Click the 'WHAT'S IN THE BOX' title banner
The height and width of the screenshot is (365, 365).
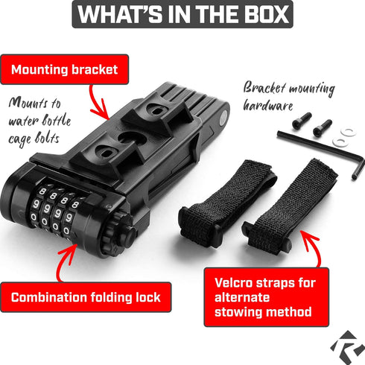pyautogui.click(x=182, y=14)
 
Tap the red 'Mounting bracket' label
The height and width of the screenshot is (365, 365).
pyautogui.click(x=65, y=69)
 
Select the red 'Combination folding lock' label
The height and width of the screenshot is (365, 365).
pyautogui.click(x=86, y=297)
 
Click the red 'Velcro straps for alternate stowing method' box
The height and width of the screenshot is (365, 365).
pyautogui.click(x=267, y=297)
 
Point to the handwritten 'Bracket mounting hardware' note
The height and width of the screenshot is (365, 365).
pyautogui.click(x=289, y=96)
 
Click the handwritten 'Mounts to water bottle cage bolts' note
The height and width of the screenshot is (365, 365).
pyautogui.click(x=39, y=121)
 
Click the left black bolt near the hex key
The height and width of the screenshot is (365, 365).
pyautogui.click(x=302, y=121)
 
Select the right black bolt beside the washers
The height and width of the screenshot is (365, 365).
pyautogui.click(x=323, y=127)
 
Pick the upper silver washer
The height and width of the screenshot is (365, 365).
pyautogui.click(x=348, y=132)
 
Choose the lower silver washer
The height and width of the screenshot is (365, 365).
pyautogui.click(x=340, y=142)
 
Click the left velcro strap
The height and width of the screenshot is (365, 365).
pyautogui.click(x=227, y=203)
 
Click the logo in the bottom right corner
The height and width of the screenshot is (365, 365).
pyautogui.click(x=347, y=347)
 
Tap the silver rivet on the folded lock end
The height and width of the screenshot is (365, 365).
pyautogui.click(x=223, y=118)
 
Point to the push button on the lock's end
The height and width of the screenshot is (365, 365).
pyautogui.click(x=130, y=236)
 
